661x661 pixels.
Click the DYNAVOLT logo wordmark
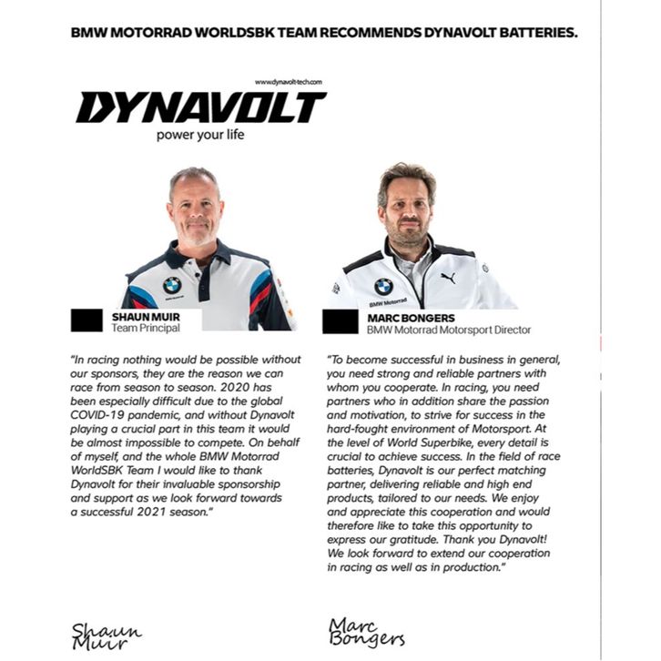coord(200,108)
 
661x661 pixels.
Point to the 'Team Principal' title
coord(138,329)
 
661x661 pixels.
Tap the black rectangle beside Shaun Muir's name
coord(86,320)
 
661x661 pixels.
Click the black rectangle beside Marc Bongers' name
coord(340,321)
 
